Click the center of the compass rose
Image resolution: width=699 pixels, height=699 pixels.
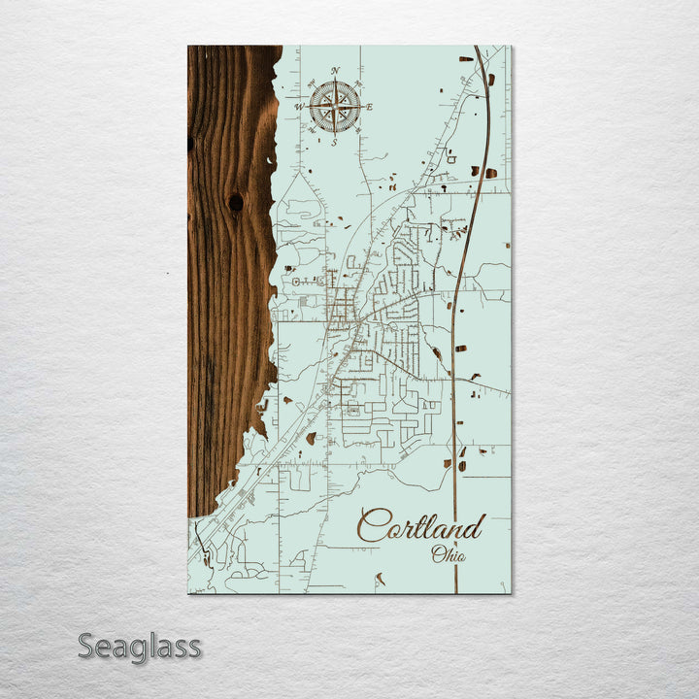335,106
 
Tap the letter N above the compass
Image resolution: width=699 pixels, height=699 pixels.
335,71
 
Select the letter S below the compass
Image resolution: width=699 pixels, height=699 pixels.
335,142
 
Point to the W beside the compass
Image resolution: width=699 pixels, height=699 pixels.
300,107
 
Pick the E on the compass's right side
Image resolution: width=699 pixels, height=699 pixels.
369,106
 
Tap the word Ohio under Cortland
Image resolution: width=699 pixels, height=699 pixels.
449,555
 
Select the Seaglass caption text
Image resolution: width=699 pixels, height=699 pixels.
140,646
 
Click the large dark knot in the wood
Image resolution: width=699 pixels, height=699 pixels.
236,202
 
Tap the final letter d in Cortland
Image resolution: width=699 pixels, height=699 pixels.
473,527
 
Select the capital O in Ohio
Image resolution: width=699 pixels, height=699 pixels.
438,555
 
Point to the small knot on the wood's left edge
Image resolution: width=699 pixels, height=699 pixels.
190,144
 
